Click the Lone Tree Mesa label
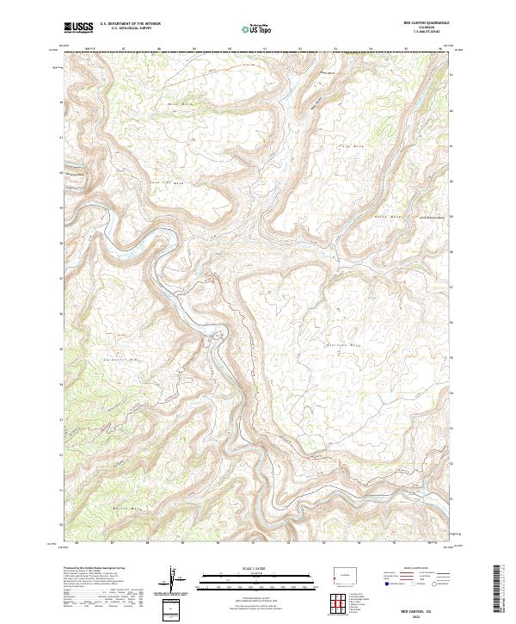pyautogui.click(x=168, y=182)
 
